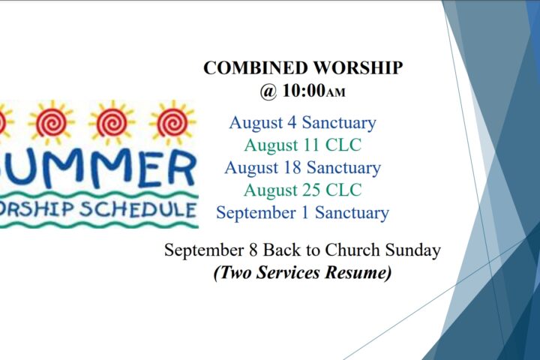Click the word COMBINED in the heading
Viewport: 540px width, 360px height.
(x=256, y=67)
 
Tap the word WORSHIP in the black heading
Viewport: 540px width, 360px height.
(x=358, y=67)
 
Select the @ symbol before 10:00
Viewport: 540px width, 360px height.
(x=268, y=91)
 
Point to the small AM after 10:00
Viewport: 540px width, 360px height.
(x=335, y=93)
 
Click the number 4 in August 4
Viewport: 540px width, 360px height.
(x=292, y=123)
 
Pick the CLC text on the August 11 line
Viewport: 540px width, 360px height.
(x=343, y=145)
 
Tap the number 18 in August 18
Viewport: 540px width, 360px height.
(x=292, y=167)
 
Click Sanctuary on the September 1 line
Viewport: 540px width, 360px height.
(x=352, y=212)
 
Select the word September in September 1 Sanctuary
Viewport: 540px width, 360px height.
(x=256, y=213)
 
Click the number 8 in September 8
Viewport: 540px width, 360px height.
(x=253, y=250)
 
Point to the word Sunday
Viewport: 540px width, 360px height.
(x=413, y=250)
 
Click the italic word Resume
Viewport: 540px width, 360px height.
(x=358, y=272)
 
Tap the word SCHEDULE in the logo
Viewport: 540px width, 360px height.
(x=138, y=209)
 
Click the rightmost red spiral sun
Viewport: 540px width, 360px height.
(x=172, y=123)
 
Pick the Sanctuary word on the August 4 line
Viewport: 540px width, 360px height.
(x=339, y=123)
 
